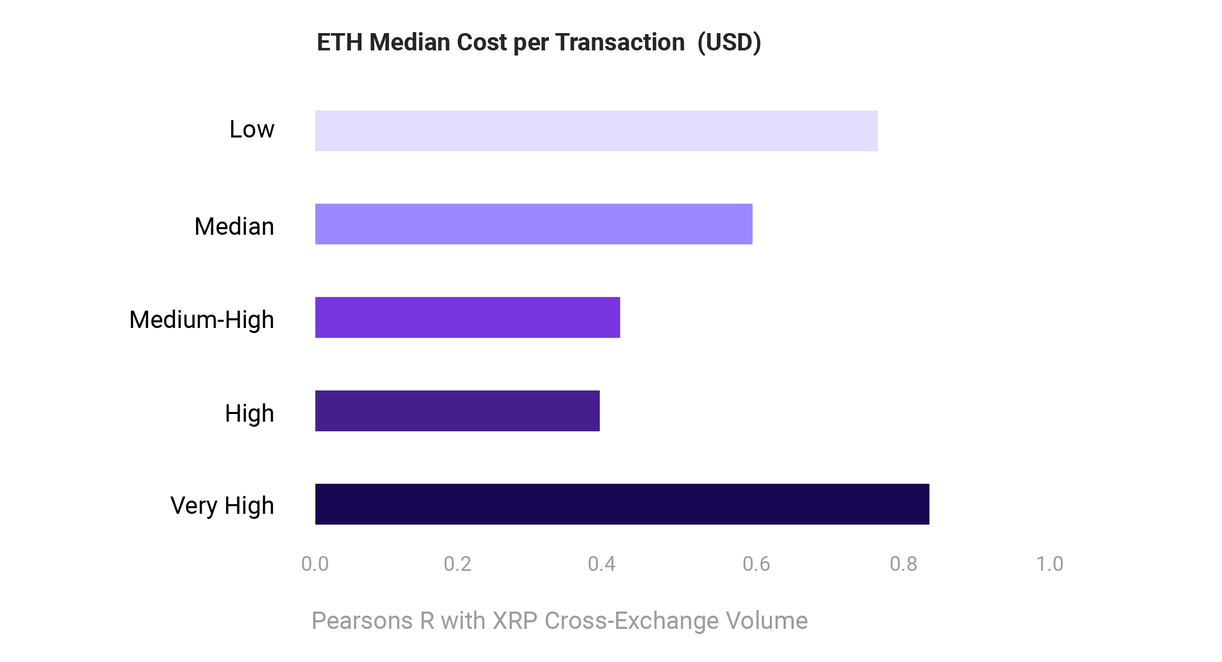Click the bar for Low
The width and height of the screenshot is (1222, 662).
point(596,131)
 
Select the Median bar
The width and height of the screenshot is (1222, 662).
point(534,224)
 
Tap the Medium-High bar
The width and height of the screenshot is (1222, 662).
point(467,317)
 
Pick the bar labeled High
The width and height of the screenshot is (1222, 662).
point(457,410)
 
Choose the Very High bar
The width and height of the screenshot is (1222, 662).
point(622,504)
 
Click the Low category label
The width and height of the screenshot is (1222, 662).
point(252,129)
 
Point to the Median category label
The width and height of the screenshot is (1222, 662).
point(234,227)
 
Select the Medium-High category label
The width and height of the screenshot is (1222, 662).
point(202,320)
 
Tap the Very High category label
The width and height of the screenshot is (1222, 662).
point(222,506)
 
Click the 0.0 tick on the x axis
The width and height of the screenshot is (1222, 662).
point(315,564)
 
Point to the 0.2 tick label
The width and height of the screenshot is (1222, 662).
point(457,564)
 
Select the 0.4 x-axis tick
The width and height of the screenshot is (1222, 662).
point(601,564)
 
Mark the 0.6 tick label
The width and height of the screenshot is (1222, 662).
point(756,564)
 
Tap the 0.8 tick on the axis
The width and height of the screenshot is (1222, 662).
point(903,564)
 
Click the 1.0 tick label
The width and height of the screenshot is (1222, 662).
point(1049,564)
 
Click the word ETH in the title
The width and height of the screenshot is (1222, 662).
point(340,42)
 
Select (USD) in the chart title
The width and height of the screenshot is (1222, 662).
point(729,42)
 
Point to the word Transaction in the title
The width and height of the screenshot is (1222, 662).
point(620,42)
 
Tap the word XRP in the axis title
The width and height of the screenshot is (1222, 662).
point(515,621)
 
